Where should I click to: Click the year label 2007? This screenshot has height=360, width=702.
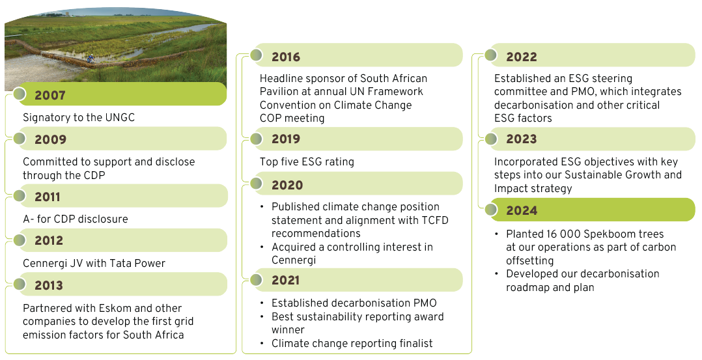(x=49, y=95)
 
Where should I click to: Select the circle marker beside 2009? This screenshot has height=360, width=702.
(x=20, y=139)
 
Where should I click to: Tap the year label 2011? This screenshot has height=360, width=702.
(x=47, y=197)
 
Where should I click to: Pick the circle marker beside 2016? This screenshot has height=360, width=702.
(x=256, y=55)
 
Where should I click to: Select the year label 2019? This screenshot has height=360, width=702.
(x=286, y=139)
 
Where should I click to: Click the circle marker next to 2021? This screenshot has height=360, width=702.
(x=256, y=280)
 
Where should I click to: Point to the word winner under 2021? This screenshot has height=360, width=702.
(x=288, y=329)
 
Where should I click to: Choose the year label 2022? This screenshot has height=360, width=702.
(x=521, y=57)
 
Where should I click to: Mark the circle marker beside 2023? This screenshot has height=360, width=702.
(x=491, y=139)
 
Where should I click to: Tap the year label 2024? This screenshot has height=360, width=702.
(x=522, y=210)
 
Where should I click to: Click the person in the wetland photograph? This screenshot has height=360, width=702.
(x=91, y=58)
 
